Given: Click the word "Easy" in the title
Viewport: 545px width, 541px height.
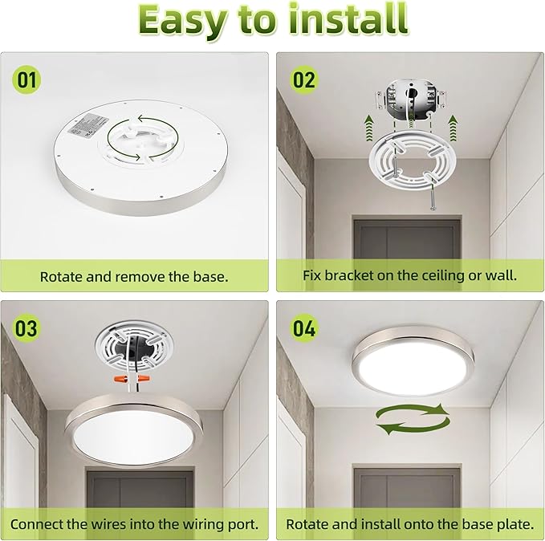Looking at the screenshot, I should point(187,21).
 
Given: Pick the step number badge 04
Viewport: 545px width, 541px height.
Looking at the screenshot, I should point(304,327).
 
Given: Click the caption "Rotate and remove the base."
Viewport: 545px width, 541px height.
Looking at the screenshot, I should point(134,276).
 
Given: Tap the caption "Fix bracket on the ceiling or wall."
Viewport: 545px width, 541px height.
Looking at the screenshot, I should point(410,276).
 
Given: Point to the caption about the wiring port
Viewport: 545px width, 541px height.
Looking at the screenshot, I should point(134,524).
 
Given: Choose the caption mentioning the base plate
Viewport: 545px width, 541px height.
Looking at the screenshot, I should point(410,524).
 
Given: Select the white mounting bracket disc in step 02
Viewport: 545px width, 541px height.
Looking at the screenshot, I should point(410,164).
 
